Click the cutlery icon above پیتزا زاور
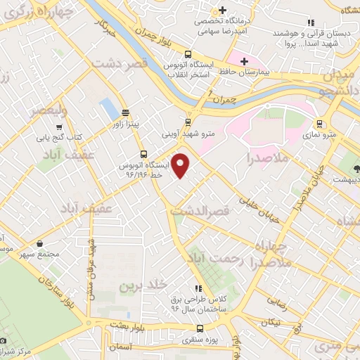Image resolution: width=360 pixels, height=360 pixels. tap(126, 112)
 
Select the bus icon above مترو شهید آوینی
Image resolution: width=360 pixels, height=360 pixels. tap(187, 120)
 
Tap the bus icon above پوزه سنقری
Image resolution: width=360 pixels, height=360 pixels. tap(200, 328)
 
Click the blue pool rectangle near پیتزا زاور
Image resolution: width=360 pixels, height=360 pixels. tap(109, 108)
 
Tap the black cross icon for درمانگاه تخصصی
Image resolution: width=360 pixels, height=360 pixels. tap(222, 10)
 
